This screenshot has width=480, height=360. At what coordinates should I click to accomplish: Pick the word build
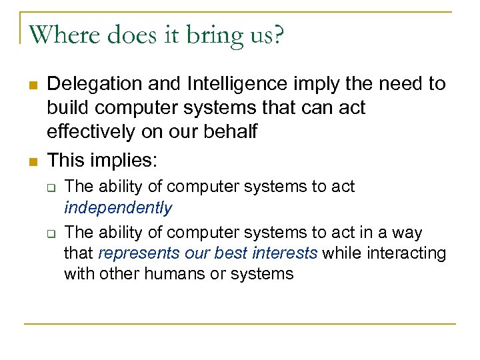click(x=67, y=108)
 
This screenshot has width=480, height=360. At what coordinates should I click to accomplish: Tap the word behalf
click(x=233, y=132)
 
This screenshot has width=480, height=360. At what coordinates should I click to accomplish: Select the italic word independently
click(x=118, y=208)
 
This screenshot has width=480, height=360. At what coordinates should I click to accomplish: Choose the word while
click(x=337, y=253)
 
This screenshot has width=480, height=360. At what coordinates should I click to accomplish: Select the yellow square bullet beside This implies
click(x=32, y=161)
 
